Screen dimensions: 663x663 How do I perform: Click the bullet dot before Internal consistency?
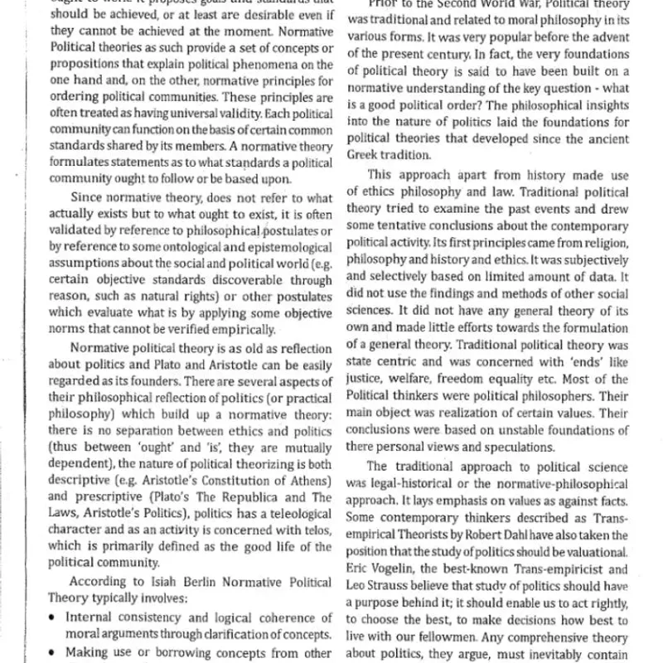(x=53, y=618)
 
